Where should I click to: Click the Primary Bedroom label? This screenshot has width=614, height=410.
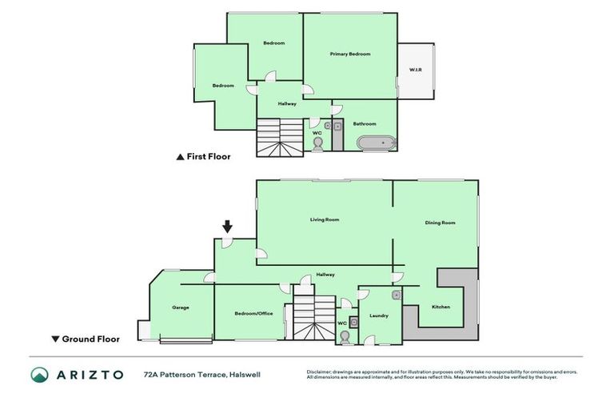tap(350, 54)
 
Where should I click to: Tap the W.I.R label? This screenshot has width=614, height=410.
tap(415, 70)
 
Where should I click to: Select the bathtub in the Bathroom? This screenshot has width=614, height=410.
tap(376, 143)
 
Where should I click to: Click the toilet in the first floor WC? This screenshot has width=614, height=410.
tap(317, 143)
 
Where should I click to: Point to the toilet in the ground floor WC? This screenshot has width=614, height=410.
tap(343, 337)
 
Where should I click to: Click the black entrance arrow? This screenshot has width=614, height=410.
tap(227, 227)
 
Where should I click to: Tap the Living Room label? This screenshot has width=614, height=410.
tap(325, 219)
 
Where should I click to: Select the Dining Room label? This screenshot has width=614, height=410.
tap(439, 223)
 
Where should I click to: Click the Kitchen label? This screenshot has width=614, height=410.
tap(441, 307)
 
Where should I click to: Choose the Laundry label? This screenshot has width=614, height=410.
tap(378, 316)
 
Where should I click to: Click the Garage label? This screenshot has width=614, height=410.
tap(181, 307)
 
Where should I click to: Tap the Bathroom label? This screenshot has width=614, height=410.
tap(365, 123)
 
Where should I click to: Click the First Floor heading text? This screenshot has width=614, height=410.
tap(208, 157)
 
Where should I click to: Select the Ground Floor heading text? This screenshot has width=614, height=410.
tap(90, 339)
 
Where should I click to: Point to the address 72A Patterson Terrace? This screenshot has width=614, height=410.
tap(201, 374)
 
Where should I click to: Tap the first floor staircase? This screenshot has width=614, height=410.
tap(279, 138)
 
